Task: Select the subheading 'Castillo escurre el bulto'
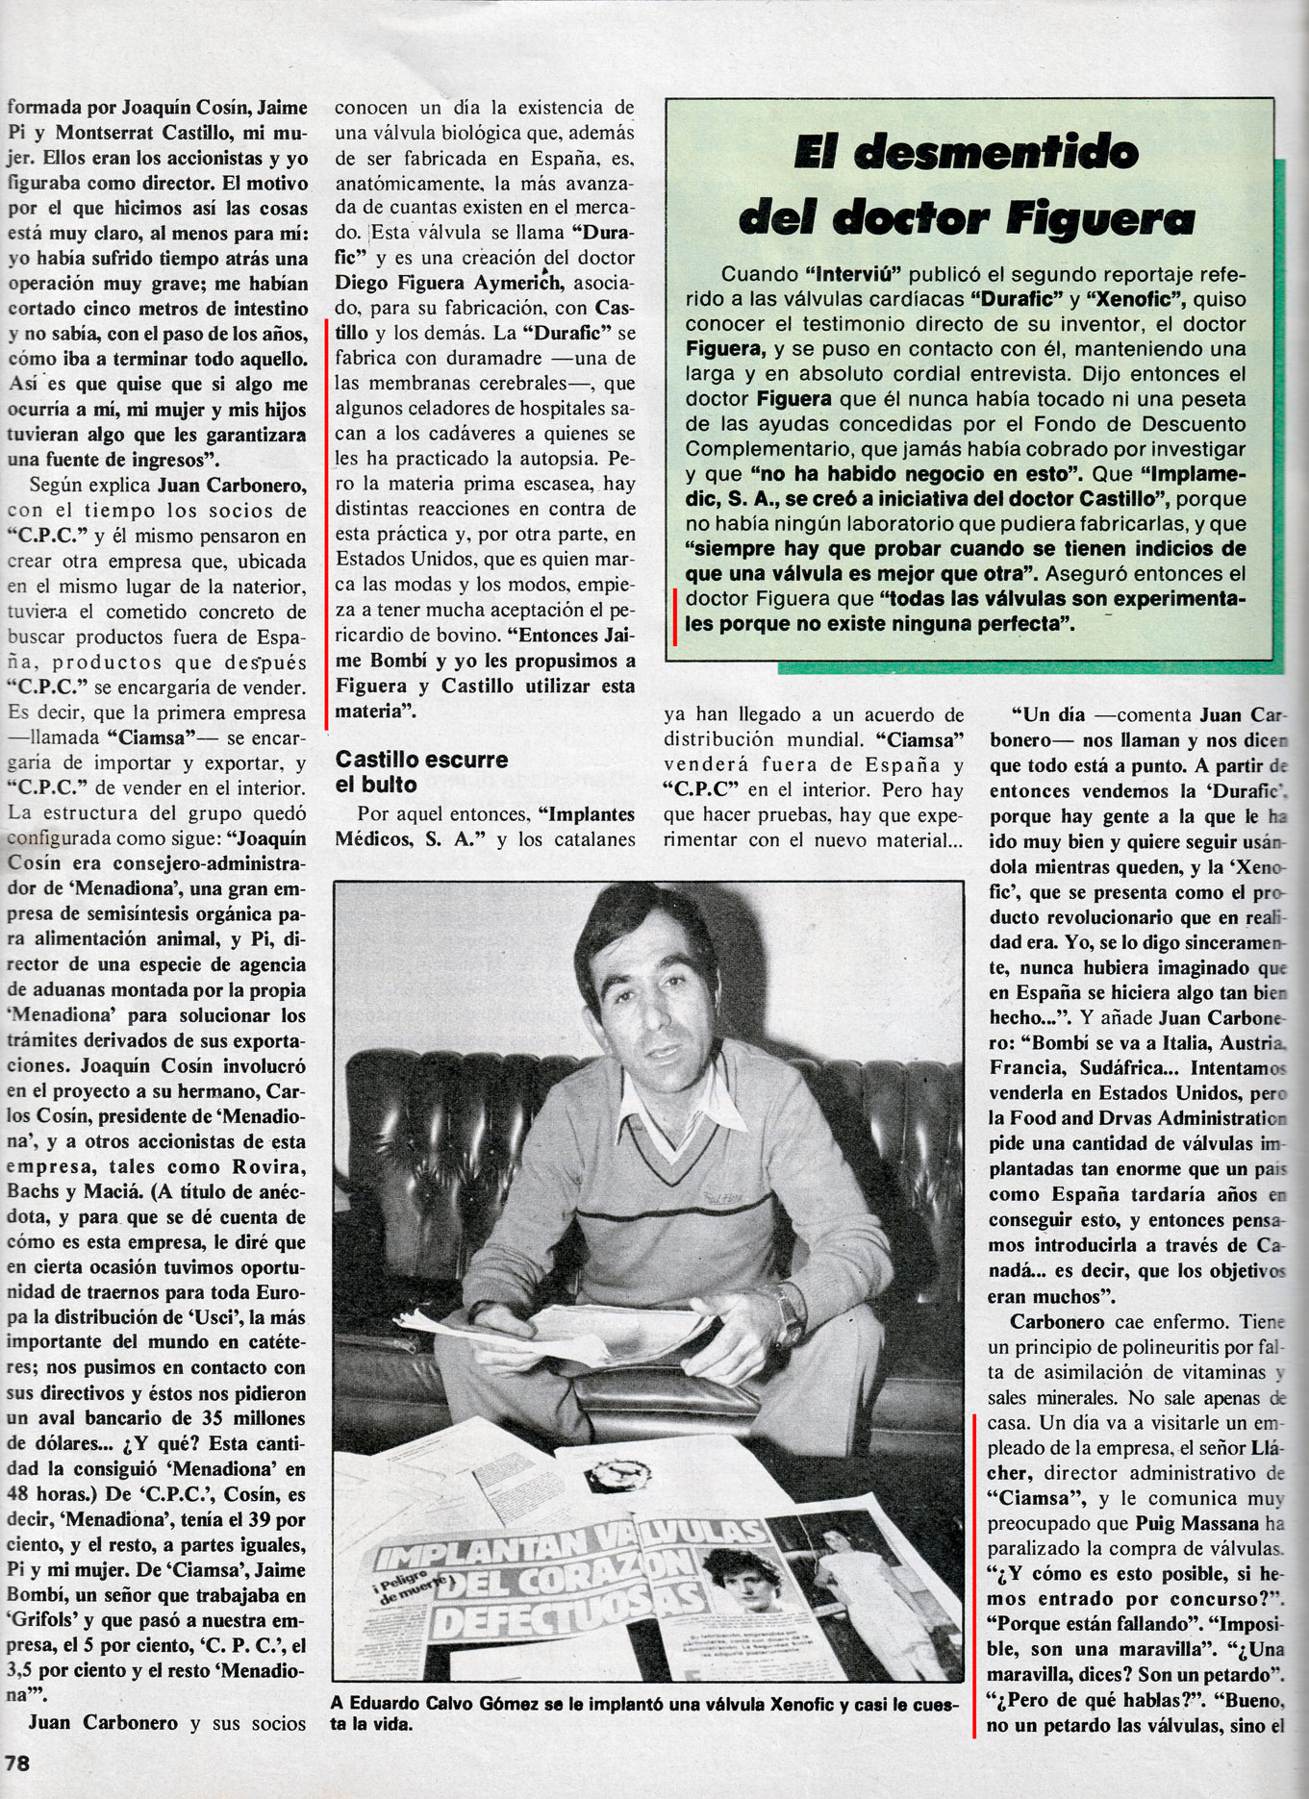420,771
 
